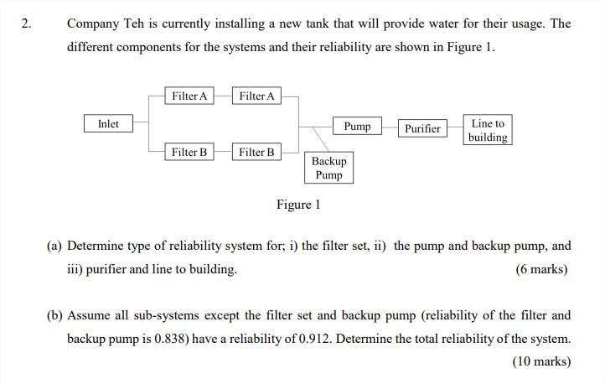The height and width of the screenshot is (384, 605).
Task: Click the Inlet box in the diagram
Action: click(x=108, y=124)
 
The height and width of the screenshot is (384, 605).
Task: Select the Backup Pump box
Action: click(x=328, y=168)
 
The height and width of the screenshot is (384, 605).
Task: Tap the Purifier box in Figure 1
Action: click(x=422, y=128)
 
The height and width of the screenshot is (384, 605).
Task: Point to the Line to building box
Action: click(x=488, y=130)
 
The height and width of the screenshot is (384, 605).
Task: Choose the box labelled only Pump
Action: click(x=357, y=127)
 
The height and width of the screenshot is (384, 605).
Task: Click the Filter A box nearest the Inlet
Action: click(x=189, y=96)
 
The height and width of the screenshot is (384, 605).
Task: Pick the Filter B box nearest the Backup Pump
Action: click(x=256, y=152)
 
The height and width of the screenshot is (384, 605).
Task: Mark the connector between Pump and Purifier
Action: click(x=390, y=127)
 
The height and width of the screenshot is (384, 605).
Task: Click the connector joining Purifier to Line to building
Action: click(x=456, y=128)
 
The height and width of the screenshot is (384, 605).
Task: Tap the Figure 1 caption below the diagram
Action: click(x=298, y=205)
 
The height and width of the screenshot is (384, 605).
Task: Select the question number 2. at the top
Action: click(x=27, y=23)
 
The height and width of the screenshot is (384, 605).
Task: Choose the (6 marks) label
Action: click(x=541, y=269)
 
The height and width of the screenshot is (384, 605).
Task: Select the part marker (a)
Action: click(x=54, y=246)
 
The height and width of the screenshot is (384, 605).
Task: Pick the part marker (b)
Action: click(x=54, y=316)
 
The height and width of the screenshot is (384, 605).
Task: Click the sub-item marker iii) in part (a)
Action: click(x=75, y=269)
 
